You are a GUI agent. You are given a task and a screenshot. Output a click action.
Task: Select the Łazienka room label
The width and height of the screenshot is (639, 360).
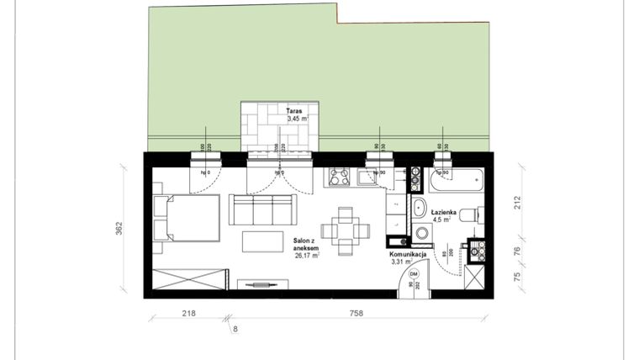pyautogui.click(x=443, y=213)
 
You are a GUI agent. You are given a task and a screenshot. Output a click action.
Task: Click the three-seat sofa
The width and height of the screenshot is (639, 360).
pyautogui.click(x=262, y=209)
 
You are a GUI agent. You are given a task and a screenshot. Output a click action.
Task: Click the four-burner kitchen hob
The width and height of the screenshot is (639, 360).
pyautogui.click(x=340, y=177)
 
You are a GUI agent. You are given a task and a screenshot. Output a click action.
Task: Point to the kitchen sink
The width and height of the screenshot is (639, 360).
pyautogui.click(x=367, y=177)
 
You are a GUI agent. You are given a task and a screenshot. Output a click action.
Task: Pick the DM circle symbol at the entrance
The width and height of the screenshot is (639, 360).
pyautogui.click(x=414, y=273)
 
